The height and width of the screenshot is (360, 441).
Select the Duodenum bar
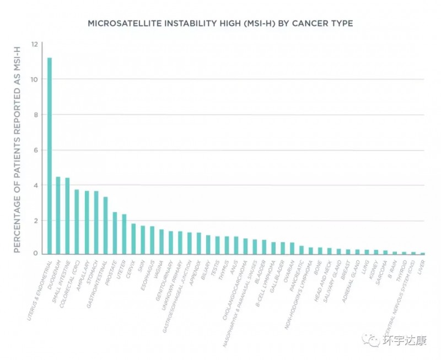point(58,216)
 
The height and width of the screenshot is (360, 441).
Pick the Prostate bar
point(115,233)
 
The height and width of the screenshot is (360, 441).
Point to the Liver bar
point(423,253)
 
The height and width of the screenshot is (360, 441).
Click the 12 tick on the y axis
point(35,44)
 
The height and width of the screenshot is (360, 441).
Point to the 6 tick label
point(36,150)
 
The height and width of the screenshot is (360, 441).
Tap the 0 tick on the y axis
point(36,254)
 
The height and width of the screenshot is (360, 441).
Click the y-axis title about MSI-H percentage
point(17,149)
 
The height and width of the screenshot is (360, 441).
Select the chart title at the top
point(220,24)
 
